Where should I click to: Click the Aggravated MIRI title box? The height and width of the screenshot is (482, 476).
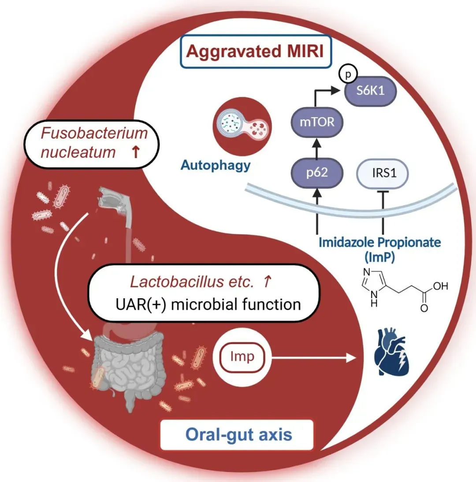(x=255, y=52)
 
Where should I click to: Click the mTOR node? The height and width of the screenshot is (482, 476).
(x=317, y=122)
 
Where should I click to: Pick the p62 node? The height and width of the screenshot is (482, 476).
(x=316, y=173)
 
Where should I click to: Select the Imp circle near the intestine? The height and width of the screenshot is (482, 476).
(x=242, y=357)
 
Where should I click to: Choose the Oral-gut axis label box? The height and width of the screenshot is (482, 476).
(x=238, y=435)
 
